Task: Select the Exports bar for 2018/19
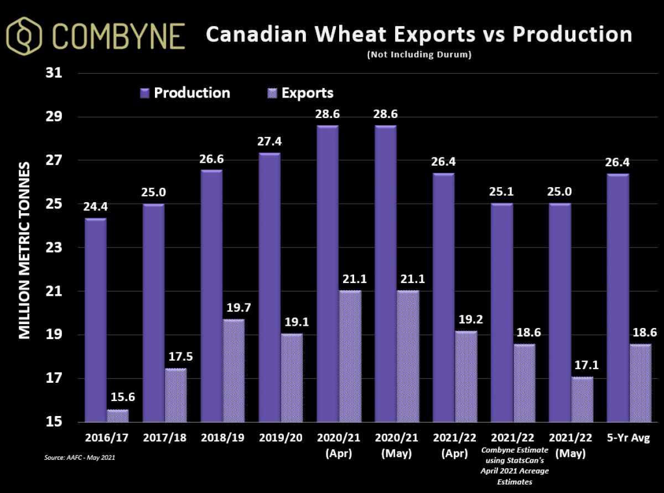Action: (233, 371)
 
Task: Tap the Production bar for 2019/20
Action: (269, 287)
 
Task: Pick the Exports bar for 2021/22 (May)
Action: (582, 399)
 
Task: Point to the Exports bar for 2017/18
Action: (175, 395)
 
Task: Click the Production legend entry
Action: (185, 93)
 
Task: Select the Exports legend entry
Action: (301, 93)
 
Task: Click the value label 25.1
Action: (501, 192)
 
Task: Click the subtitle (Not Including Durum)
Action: (419, 55)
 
